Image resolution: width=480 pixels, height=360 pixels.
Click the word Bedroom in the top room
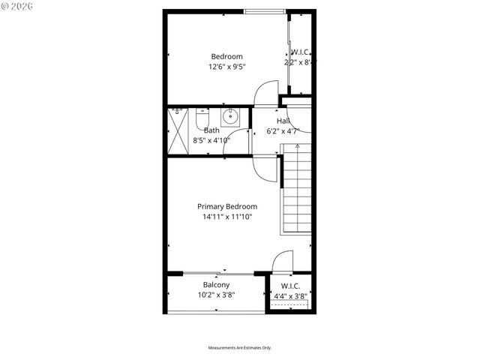pos(226,57)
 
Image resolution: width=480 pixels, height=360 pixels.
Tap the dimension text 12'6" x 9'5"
pos(226,67)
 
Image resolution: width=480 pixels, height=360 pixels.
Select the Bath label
pos(211,130)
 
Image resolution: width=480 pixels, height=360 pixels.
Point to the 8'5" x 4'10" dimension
pos(211,139)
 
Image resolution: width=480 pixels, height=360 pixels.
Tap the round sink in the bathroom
pos(231,117)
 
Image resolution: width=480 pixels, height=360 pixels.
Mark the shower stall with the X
pos(178,132)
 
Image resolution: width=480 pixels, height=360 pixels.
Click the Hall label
pos(283,121)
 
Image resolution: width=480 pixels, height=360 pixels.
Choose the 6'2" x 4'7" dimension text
pos(283,130)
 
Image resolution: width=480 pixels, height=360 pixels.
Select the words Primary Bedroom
pos(227,207)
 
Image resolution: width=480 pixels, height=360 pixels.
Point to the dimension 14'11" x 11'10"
pos(227,217)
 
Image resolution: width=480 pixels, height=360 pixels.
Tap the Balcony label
pos(216,285)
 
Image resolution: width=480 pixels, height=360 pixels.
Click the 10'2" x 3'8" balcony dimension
pos(216,295)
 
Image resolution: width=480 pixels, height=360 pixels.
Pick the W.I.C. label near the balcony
pos(290,286)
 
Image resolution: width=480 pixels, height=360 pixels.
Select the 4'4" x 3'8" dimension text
pos(290,295)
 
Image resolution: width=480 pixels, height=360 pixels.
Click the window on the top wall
pos(265,11)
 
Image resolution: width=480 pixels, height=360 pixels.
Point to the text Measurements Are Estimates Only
pos(240,348)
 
